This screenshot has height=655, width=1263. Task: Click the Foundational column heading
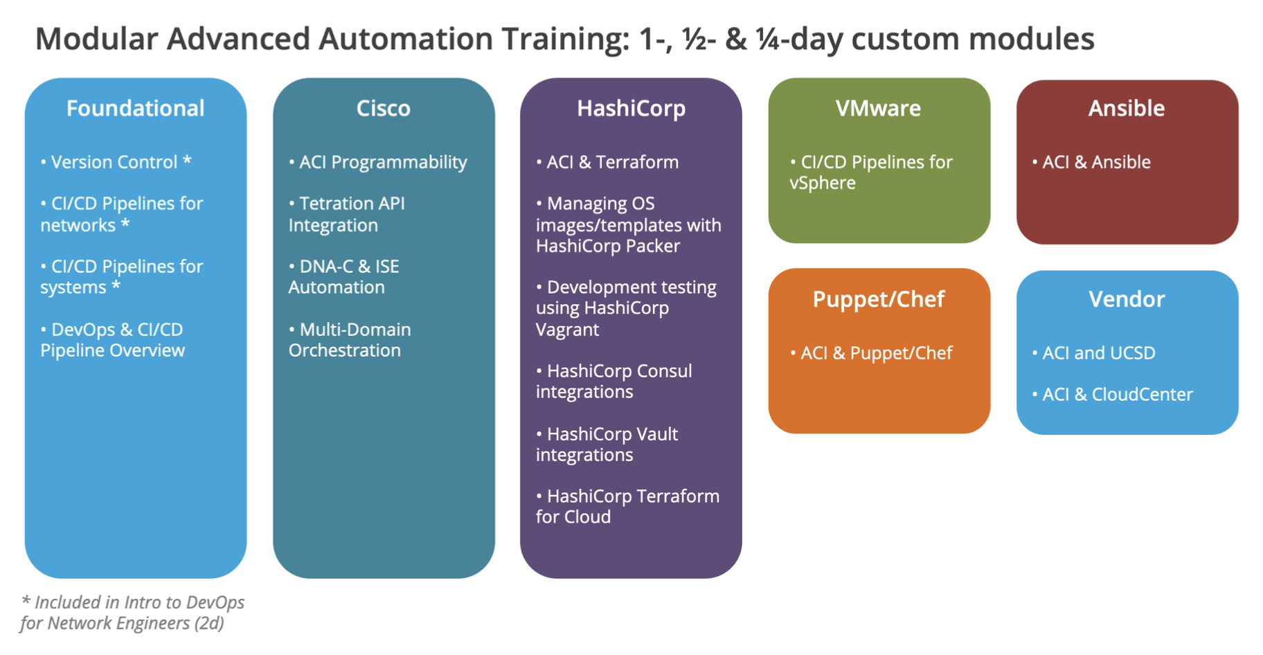[x=135, y=108]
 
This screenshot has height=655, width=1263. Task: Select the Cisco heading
[x=383, y=108]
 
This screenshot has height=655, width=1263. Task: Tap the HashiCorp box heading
[x=631, y=108]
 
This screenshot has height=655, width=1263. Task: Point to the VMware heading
[x=878, y=108]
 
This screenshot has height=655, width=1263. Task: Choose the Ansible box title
[x=1126, y=108]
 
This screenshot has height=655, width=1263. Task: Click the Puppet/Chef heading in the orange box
[x=878, y=299]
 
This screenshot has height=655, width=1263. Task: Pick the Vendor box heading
[x=1126, y=299]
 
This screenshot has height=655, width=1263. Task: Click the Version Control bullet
[x=115, y=162]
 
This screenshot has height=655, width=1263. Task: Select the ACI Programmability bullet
[x=378, y=162]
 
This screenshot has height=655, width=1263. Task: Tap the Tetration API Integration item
[x=346, y=214]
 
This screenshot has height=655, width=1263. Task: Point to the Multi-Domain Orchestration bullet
[x=350, y=340]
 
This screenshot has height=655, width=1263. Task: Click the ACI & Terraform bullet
[x=607, y=162]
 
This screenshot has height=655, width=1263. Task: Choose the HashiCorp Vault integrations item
[x=607, y=444]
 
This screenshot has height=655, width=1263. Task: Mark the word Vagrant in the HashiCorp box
[x=567, y=330]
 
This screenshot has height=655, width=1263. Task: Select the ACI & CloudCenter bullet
[x=1112, y=395]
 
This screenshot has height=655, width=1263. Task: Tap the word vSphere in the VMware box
[x=823, y=183]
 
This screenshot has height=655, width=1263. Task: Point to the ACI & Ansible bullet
[x=1091, y=162]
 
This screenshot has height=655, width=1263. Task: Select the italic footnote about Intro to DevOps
[x=132, y=613]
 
